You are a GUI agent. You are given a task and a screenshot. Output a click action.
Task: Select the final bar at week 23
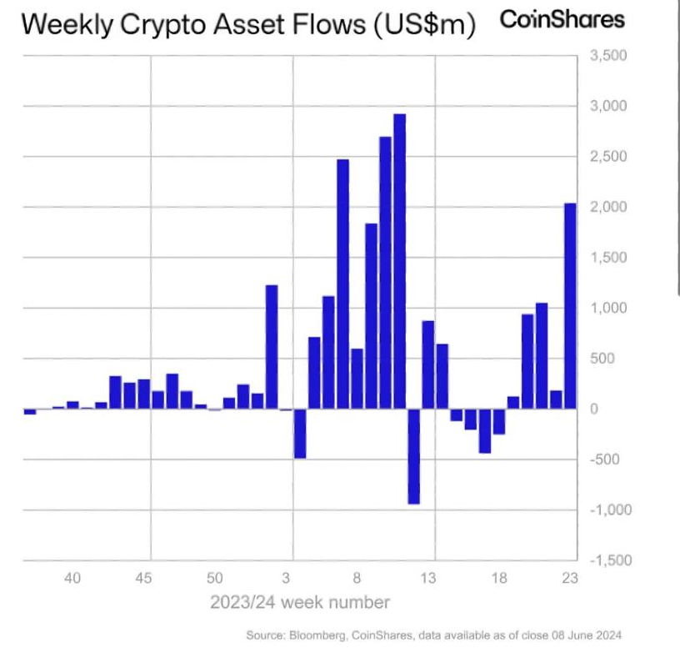[x=571, y=305]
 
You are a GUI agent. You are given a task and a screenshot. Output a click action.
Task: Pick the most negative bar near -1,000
[x=413, y=456]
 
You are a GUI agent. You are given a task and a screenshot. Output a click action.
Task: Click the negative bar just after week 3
[x=300, y=433]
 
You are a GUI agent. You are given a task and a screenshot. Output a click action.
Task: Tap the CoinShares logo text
[x=562, y=20]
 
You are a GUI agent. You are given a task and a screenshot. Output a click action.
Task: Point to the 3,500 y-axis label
[x=607, y=56]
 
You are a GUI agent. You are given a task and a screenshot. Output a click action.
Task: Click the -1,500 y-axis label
[x=606, y=560]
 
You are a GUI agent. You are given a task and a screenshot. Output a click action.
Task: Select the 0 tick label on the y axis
[x=592, y=409]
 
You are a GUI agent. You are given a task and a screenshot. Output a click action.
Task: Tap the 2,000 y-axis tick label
[x=607, y=207]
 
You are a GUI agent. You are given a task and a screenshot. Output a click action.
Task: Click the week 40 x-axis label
[x=72, y=578]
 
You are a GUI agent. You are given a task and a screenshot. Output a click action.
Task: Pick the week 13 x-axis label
[x=427, y=578]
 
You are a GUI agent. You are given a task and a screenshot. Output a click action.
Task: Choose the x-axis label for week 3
[x=286, y=578]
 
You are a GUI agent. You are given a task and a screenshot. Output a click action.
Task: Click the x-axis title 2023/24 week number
[x=299, y=601]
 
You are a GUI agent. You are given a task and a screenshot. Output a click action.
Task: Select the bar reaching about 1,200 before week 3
[x=272, y=346]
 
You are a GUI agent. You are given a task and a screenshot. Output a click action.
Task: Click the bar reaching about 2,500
[x=342, y=284]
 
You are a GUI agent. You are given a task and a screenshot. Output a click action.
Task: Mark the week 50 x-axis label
[x=215, y=578]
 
